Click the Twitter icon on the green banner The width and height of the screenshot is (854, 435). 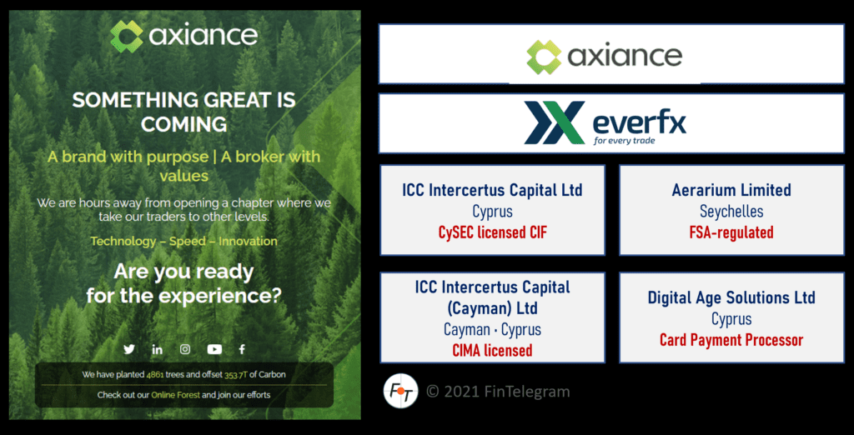(129, 349)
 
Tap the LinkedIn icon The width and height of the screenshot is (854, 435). (157, 349)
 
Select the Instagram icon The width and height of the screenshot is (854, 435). (185, 349)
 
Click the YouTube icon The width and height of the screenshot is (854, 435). (214, 349)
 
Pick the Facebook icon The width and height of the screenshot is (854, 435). (242, 349)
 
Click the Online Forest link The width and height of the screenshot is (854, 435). (175, 395)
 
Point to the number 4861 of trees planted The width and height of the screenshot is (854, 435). (156, 375)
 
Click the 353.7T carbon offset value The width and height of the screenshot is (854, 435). (237, 375)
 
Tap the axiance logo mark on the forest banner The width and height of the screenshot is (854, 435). (127, 36)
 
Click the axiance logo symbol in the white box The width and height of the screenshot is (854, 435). (544, 57)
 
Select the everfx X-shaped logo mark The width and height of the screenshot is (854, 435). (554, 123)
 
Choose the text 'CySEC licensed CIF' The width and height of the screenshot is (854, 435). (492, 232)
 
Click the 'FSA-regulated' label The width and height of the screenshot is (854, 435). (731, 232)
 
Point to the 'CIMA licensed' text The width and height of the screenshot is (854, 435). (492, 350)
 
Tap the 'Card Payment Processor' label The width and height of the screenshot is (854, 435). (731, 340)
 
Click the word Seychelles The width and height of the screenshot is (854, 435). (731, 211)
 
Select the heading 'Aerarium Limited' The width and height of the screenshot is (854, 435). (731, 190)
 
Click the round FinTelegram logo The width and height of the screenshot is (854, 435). (400, 392)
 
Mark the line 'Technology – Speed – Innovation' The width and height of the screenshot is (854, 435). (183, 241)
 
